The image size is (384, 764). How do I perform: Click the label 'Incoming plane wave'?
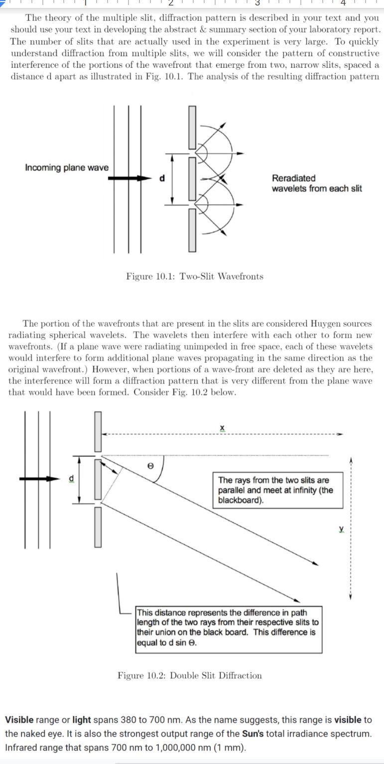66,167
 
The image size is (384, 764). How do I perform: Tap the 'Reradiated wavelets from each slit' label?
316,183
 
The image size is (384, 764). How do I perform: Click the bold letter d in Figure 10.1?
162,178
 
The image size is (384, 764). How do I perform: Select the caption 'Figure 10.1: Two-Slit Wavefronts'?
195,276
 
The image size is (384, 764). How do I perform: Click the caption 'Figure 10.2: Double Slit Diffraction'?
189,675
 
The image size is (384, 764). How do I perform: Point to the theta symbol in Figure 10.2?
150,465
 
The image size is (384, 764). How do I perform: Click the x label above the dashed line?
222,428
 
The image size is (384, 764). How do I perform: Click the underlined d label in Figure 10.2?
71,479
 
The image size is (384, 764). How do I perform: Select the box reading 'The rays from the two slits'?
278,490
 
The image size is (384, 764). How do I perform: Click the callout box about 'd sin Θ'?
229,629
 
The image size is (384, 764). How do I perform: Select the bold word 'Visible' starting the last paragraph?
19,720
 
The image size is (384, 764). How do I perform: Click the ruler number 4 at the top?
343,3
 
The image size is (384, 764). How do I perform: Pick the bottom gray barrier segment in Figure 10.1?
192,230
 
